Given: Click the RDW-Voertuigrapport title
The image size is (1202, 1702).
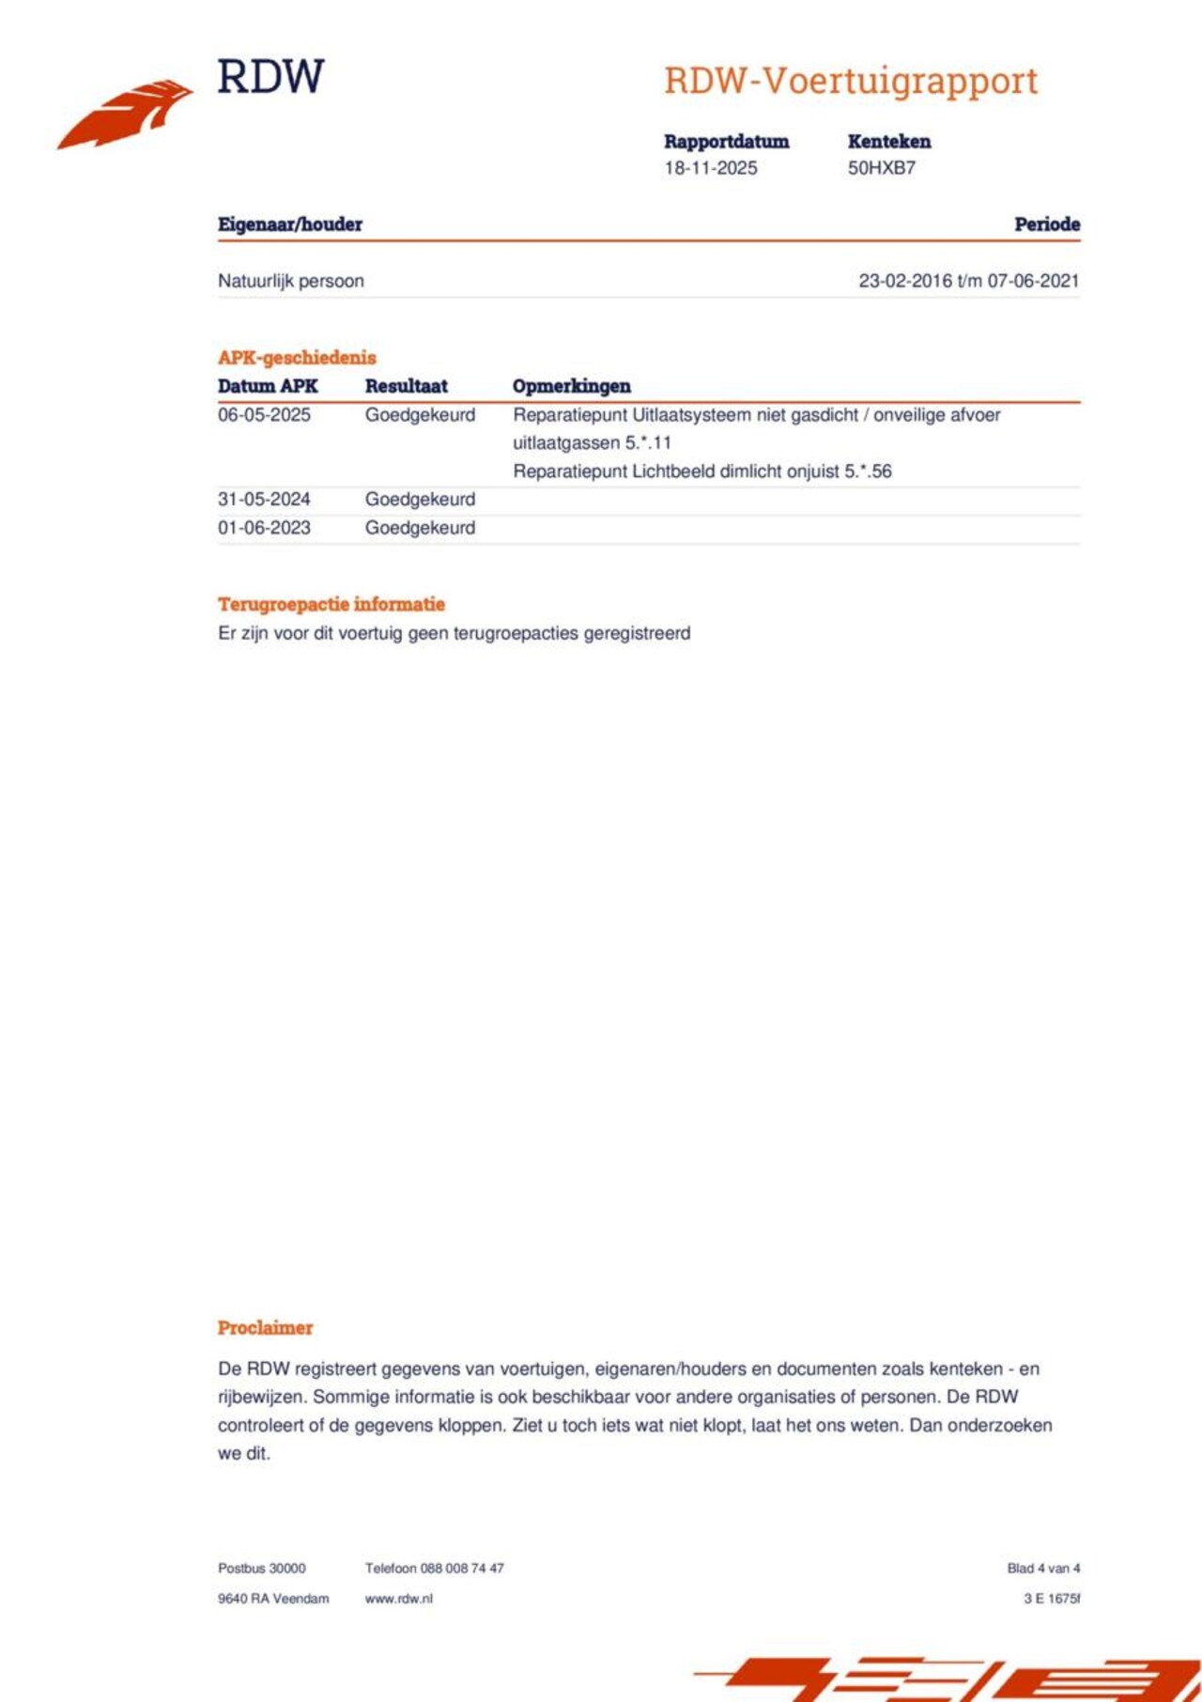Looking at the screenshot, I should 850,81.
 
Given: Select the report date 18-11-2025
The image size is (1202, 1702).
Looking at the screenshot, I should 710,168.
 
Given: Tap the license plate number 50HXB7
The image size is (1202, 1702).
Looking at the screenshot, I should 881,168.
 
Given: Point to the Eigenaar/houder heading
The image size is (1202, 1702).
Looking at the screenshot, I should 289,224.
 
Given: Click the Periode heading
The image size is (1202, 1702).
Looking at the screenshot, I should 1046,224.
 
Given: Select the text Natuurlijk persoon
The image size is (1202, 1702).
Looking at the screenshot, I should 290,281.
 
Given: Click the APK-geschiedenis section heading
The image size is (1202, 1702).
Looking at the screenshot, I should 297,358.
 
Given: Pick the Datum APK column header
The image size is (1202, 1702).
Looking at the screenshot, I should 268,386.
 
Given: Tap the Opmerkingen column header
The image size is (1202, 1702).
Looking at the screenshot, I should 571,386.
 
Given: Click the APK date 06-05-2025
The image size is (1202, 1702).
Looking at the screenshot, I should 264,415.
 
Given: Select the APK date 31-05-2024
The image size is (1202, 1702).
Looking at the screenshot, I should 264,500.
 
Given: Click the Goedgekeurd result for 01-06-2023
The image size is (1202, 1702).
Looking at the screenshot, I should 420,528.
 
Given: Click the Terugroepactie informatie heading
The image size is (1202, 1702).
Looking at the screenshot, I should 331,604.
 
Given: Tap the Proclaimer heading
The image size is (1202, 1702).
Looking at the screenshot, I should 265,1328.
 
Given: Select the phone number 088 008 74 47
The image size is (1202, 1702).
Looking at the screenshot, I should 462,1568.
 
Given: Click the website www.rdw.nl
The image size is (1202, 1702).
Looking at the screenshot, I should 398,1599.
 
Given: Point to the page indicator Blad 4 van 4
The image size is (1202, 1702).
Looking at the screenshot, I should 1042,1568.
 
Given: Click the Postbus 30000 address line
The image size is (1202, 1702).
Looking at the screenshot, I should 261,1568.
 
